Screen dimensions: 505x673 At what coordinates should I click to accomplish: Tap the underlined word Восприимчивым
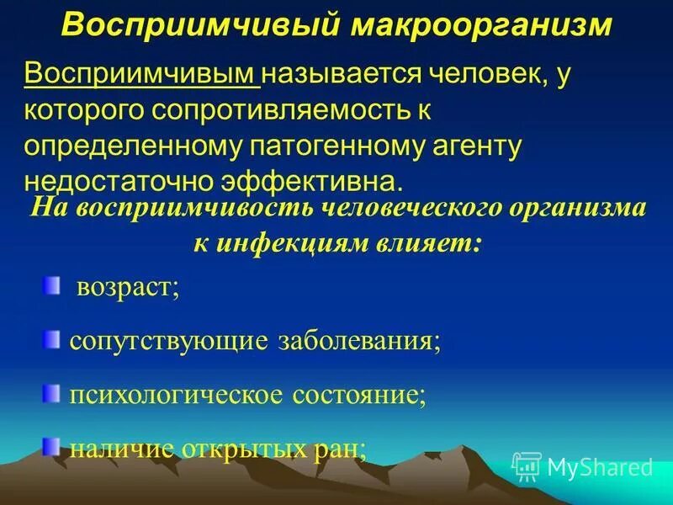(142, 77)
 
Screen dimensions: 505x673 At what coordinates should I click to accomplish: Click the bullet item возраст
(127, 289)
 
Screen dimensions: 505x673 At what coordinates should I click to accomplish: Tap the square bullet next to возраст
(54, 288)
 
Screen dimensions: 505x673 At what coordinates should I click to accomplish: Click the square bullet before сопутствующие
(54, 340)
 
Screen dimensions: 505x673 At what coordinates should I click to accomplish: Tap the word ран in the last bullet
(347, 449)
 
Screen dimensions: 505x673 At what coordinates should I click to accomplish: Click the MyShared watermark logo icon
(527, 465)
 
